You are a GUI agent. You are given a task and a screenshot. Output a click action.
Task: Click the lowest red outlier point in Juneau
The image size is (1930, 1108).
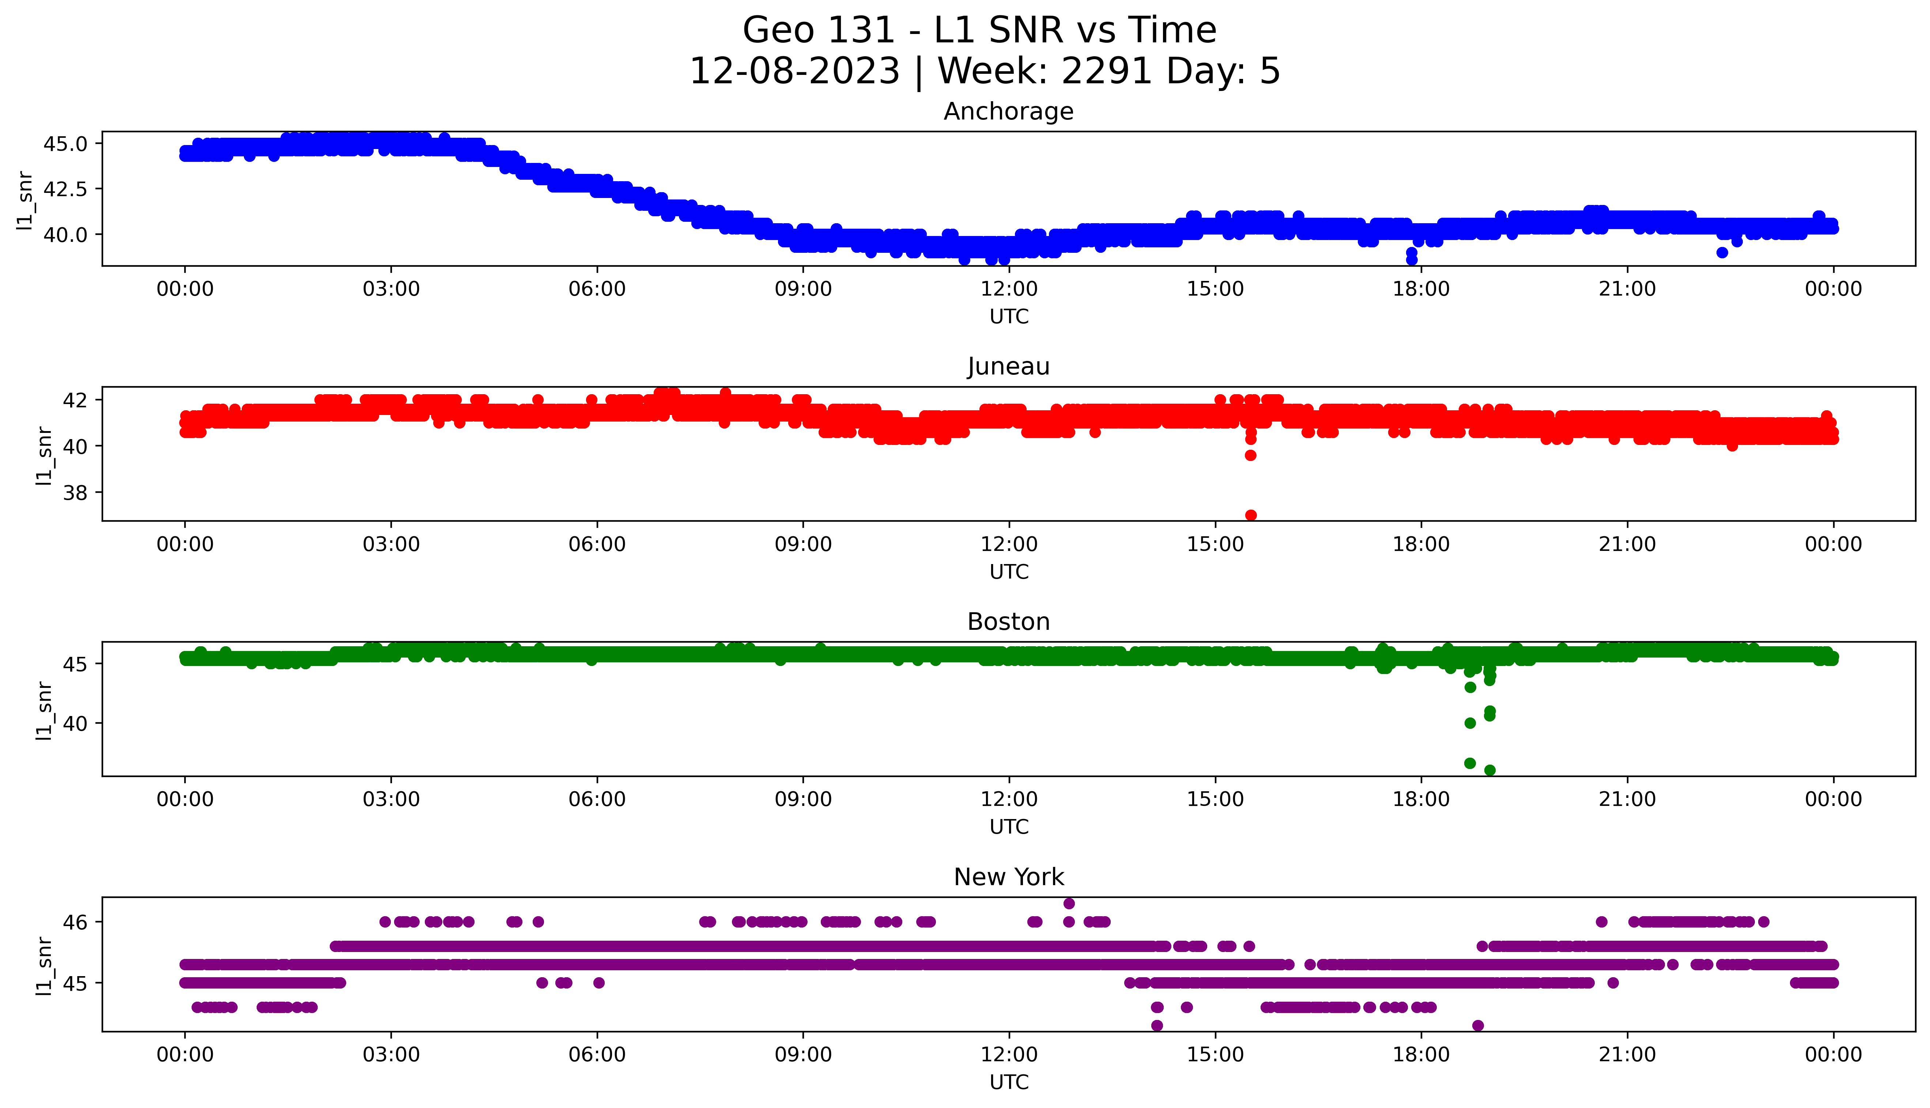point(1250,515)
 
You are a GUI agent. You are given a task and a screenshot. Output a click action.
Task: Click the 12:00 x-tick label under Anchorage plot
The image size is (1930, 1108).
point(1009,289)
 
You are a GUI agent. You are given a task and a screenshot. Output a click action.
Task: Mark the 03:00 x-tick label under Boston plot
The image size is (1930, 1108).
point(391,799)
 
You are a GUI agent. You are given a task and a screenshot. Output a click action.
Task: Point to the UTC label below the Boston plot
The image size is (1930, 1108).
point(1009,826)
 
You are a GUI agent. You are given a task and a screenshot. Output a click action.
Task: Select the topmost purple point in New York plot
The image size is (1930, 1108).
point(1069,903)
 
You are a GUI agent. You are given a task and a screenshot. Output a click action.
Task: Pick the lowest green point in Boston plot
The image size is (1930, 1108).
point(1490,770)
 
